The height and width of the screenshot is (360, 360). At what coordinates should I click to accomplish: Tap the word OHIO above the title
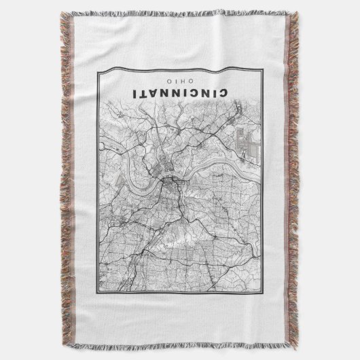click(x=180, y=80)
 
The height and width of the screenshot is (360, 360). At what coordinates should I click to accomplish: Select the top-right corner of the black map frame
click(x=263, y=67)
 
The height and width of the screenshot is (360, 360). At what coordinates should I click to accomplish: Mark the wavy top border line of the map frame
click(x=180, y=69)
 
